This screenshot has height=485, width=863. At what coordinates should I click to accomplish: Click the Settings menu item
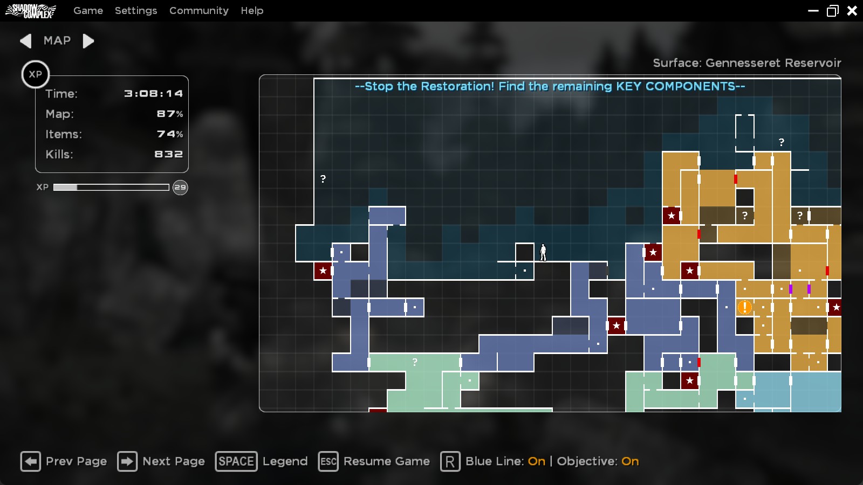[136, 11]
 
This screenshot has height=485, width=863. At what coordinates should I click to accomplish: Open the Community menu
[198, 11]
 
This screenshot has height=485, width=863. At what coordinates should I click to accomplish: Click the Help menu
[252, 11]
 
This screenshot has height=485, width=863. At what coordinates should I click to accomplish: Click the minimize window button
[813, 11]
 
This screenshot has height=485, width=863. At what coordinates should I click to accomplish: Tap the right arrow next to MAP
[88, 41]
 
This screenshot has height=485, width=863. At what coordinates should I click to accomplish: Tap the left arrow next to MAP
[25, 41]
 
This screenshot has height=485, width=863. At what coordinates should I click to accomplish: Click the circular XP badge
[36, 74]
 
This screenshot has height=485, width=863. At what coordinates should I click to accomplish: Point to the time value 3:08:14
[153, 94]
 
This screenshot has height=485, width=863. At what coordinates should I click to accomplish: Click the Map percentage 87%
[169, 114]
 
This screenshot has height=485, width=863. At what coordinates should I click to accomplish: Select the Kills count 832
[168, 154]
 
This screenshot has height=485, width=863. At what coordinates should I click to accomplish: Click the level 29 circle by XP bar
[180, 188]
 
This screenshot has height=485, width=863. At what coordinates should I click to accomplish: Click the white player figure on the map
[543, 252]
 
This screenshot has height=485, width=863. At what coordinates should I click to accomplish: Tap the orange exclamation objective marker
[744, 307]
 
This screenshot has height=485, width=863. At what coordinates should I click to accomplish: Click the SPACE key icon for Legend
[236, 461]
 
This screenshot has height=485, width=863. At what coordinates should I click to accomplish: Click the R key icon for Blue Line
[450, 461]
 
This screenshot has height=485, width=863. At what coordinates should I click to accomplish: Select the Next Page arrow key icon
[127, 461]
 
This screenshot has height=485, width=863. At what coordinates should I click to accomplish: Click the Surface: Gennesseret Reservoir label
[746, 63]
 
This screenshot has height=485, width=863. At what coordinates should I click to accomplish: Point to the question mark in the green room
[414, 362]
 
